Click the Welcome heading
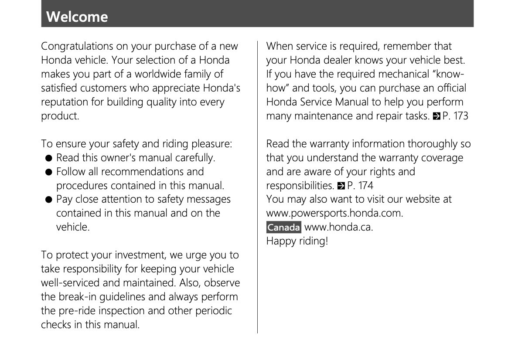pos(77,17)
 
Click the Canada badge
pos(283,228)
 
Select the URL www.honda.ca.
pos(338,228)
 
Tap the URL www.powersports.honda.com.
pos(334,214)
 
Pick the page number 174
pos(365,186)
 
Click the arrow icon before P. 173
pos(436,116)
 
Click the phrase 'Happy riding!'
pos(297,241)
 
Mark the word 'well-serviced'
pos(71,283)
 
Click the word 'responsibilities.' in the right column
pos(300,186)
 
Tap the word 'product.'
pos(60,116)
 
